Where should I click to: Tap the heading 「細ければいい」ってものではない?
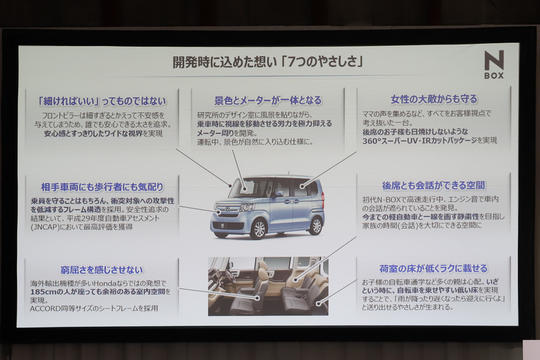101,101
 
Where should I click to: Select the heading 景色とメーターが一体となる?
268,100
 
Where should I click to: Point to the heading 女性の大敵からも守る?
433,99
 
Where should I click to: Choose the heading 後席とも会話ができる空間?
433,185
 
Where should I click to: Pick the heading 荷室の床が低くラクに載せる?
433,268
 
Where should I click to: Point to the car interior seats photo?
268,286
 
